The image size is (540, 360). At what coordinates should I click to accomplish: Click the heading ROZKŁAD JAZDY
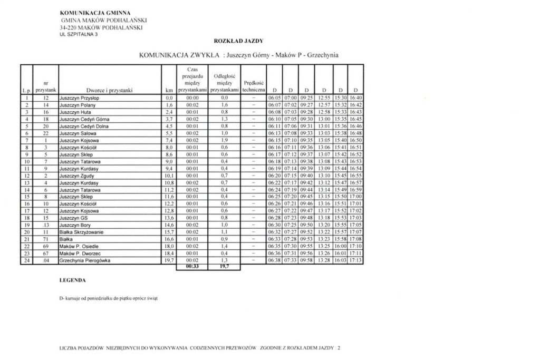click(x=239, y=41)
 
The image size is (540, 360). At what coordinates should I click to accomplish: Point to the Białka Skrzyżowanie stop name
click(x=82, y=231)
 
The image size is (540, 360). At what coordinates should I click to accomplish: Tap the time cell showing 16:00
click(x=341, y=246)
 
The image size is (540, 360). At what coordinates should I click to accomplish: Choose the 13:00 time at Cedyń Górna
click(x=324, y=120)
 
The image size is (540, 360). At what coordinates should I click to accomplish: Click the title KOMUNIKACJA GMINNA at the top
click(x=95, y=11)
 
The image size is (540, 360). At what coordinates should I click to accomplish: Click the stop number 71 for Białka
click(x=46, y=239)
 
